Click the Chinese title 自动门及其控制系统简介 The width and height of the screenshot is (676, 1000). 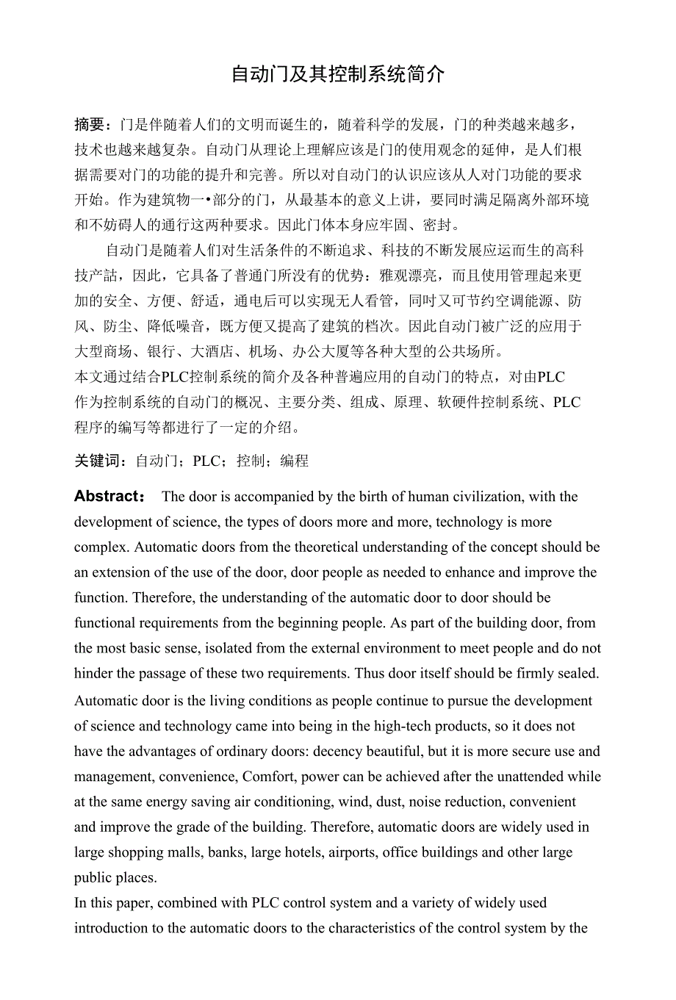coord(338,74)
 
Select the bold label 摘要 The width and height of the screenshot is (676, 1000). coord(90,124)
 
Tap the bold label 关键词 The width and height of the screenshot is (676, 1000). coord(97,461)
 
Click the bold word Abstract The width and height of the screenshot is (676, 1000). coord(107,497)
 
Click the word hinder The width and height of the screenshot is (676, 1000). coord(95,674)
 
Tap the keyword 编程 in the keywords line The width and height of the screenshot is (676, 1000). coord(294,461)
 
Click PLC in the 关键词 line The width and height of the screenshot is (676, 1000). coord(206,461)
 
